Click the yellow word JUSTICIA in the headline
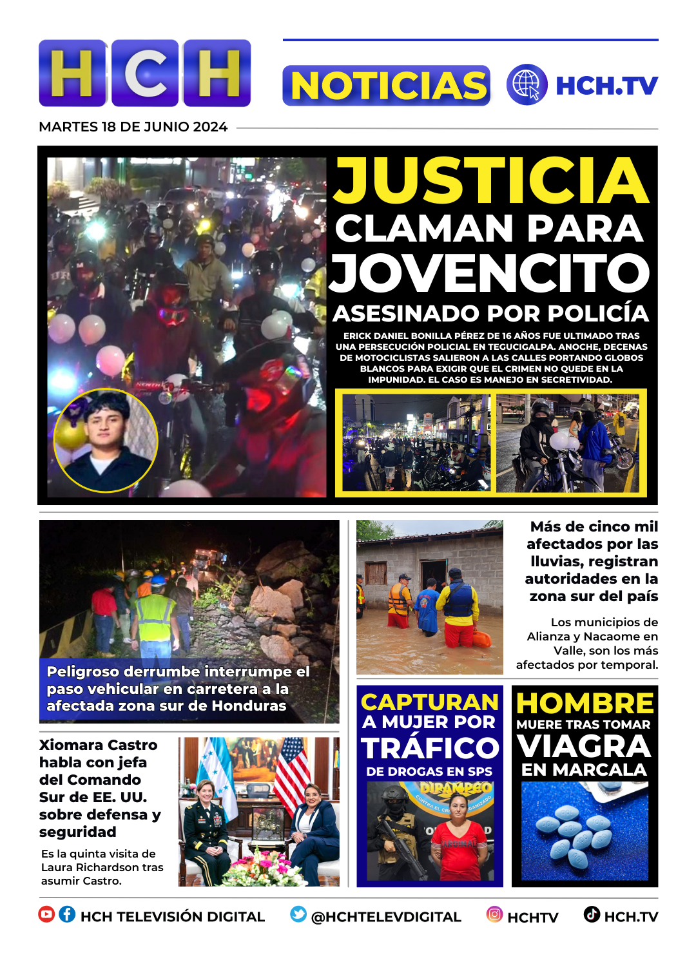point(491,181)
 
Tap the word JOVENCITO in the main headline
point(490,273)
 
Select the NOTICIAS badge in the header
point(386,86)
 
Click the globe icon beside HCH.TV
point(527,85)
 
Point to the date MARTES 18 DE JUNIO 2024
point(133,127)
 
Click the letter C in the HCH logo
point(145,73)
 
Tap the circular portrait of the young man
point(106,440)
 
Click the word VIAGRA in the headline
point(585,747)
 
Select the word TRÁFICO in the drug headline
point(430,749)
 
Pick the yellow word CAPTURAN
point(430,702)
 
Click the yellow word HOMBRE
point(585,703)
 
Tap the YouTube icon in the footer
point(46,914)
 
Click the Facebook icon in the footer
point(67,914)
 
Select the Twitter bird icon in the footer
point(298,914)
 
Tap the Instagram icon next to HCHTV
point(494,914)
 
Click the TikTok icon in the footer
point(592,914)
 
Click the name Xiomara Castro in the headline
point(98,745)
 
